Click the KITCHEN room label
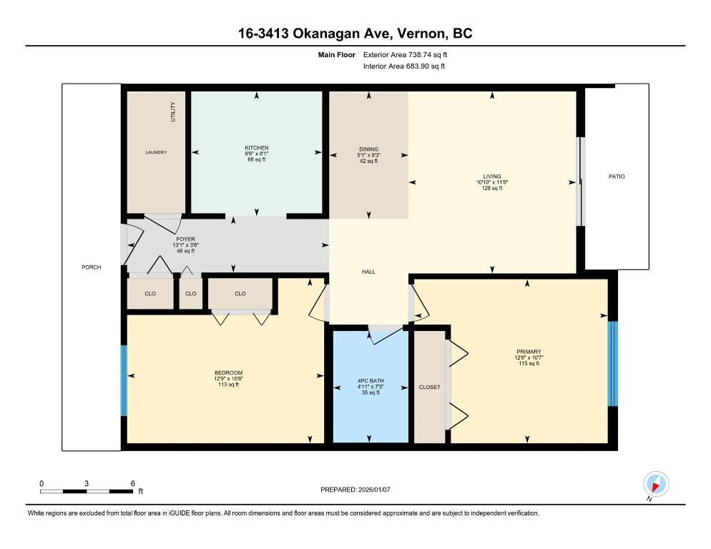click(x=256, y=148)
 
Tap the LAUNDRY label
click(x=156, y=152)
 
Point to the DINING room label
click(x=368, y=149)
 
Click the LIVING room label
click(x=491, y=176)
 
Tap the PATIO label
click(x=617, y=176)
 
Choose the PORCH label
click(x=92, y=267)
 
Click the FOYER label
click(x=185, y=239)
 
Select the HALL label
click(x=368, y=272)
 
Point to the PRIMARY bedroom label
click(x=529, y=352)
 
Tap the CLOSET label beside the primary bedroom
click(x=429, y=387)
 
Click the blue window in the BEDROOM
click(x=124, y=380)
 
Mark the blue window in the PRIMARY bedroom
click(x=612, y=364)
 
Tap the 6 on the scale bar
click(x=132, y=483)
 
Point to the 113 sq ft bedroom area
click(x=227, y=384)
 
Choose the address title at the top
click(x=355, y=33)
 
